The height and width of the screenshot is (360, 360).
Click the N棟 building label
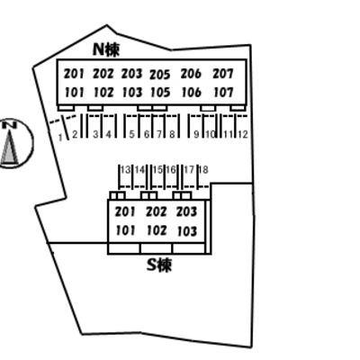pos(106,49)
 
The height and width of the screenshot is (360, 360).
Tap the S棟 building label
pos(159,265)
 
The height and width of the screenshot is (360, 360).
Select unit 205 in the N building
pos(160,75)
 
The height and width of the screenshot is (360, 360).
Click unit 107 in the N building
pos(222,93)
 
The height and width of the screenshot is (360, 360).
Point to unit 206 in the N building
pos(191,74)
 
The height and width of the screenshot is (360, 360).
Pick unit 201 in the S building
pos(125,211)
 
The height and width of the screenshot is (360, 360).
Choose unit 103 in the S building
pos(187,231)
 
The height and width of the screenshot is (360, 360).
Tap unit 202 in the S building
pos(157,211)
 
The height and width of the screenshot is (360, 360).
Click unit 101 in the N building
pos(75,93)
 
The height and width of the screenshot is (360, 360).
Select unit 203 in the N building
pos(131,74)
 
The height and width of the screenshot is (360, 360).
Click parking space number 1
pos(60,138)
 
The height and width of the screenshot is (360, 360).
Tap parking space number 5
pos(131,134)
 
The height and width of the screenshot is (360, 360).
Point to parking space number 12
pos(242,134)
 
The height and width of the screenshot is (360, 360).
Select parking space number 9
pos(196,134)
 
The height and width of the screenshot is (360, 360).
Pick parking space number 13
pos(126,170)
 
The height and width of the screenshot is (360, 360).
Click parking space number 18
pos(203,170)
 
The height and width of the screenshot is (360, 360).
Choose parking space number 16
pos(171,170)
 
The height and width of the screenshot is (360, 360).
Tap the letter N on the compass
pos(11,125)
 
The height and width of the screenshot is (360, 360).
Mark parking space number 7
pos(159,134)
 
